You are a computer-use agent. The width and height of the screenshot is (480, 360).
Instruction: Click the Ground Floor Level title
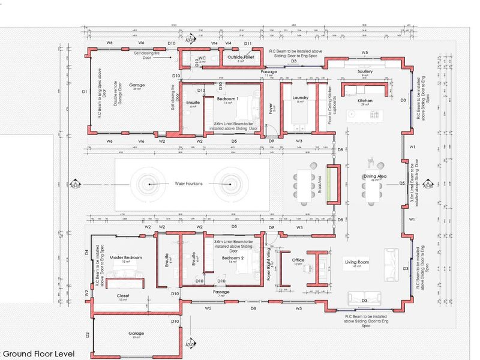coord(38,353)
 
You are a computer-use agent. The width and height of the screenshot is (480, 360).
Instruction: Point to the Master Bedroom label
coord(126,257)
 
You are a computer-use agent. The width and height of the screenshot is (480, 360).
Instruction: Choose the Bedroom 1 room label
coord(227,98)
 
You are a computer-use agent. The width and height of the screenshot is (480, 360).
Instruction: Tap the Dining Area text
coord(373,176)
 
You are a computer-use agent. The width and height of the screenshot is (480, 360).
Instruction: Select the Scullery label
coord(365,71)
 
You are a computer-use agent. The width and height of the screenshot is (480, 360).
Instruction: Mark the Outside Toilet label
coord(240,58)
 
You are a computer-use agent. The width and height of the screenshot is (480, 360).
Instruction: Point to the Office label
coord(298,260)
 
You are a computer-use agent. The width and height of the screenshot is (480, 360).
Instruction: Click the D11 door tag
coord(247,44)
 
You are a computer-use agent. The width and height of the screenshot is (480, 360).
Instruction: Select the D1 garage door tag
coord(85,92)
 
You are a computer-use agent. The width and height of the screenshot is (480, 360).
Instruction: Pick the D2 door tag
coord(87,334)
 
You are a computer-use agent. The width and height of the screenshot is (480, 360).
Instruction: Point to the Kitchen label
coord(365,101)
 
